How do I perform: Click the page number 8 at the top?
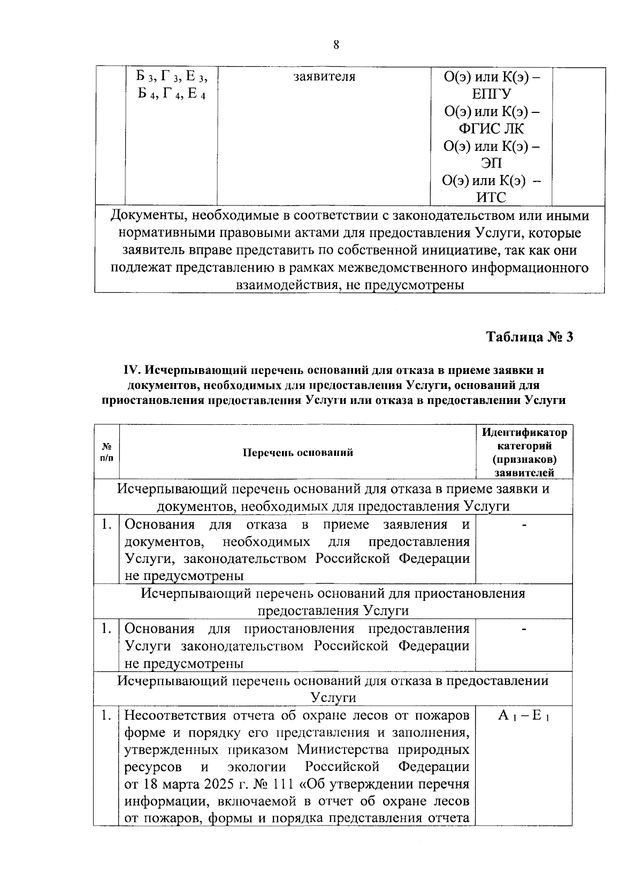tap(336, 45)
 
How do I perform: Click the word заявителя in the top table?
tap(324, 77)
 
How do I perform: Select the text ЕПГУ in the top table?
tap(491, 94)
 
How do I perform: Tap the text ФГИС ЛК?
tap(491, 129)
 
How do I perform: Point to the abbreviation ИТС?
tap(491, 198)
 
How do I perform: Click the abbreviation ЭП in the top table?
tap(491, 163)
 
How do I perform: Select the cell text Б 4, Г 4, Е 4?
tap(171, 94)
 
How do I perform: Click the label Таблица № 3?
tap(529, 337)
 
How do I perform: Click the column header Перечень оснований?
tap(298, 453)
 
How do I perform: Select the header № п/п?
tap(107, 453)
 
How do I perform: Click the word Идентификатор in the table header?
tap(524, 432)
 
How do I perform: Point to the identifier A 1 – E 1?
tap(524, 716)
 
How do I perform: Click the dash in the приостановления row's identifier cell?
tap(524, 629)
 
